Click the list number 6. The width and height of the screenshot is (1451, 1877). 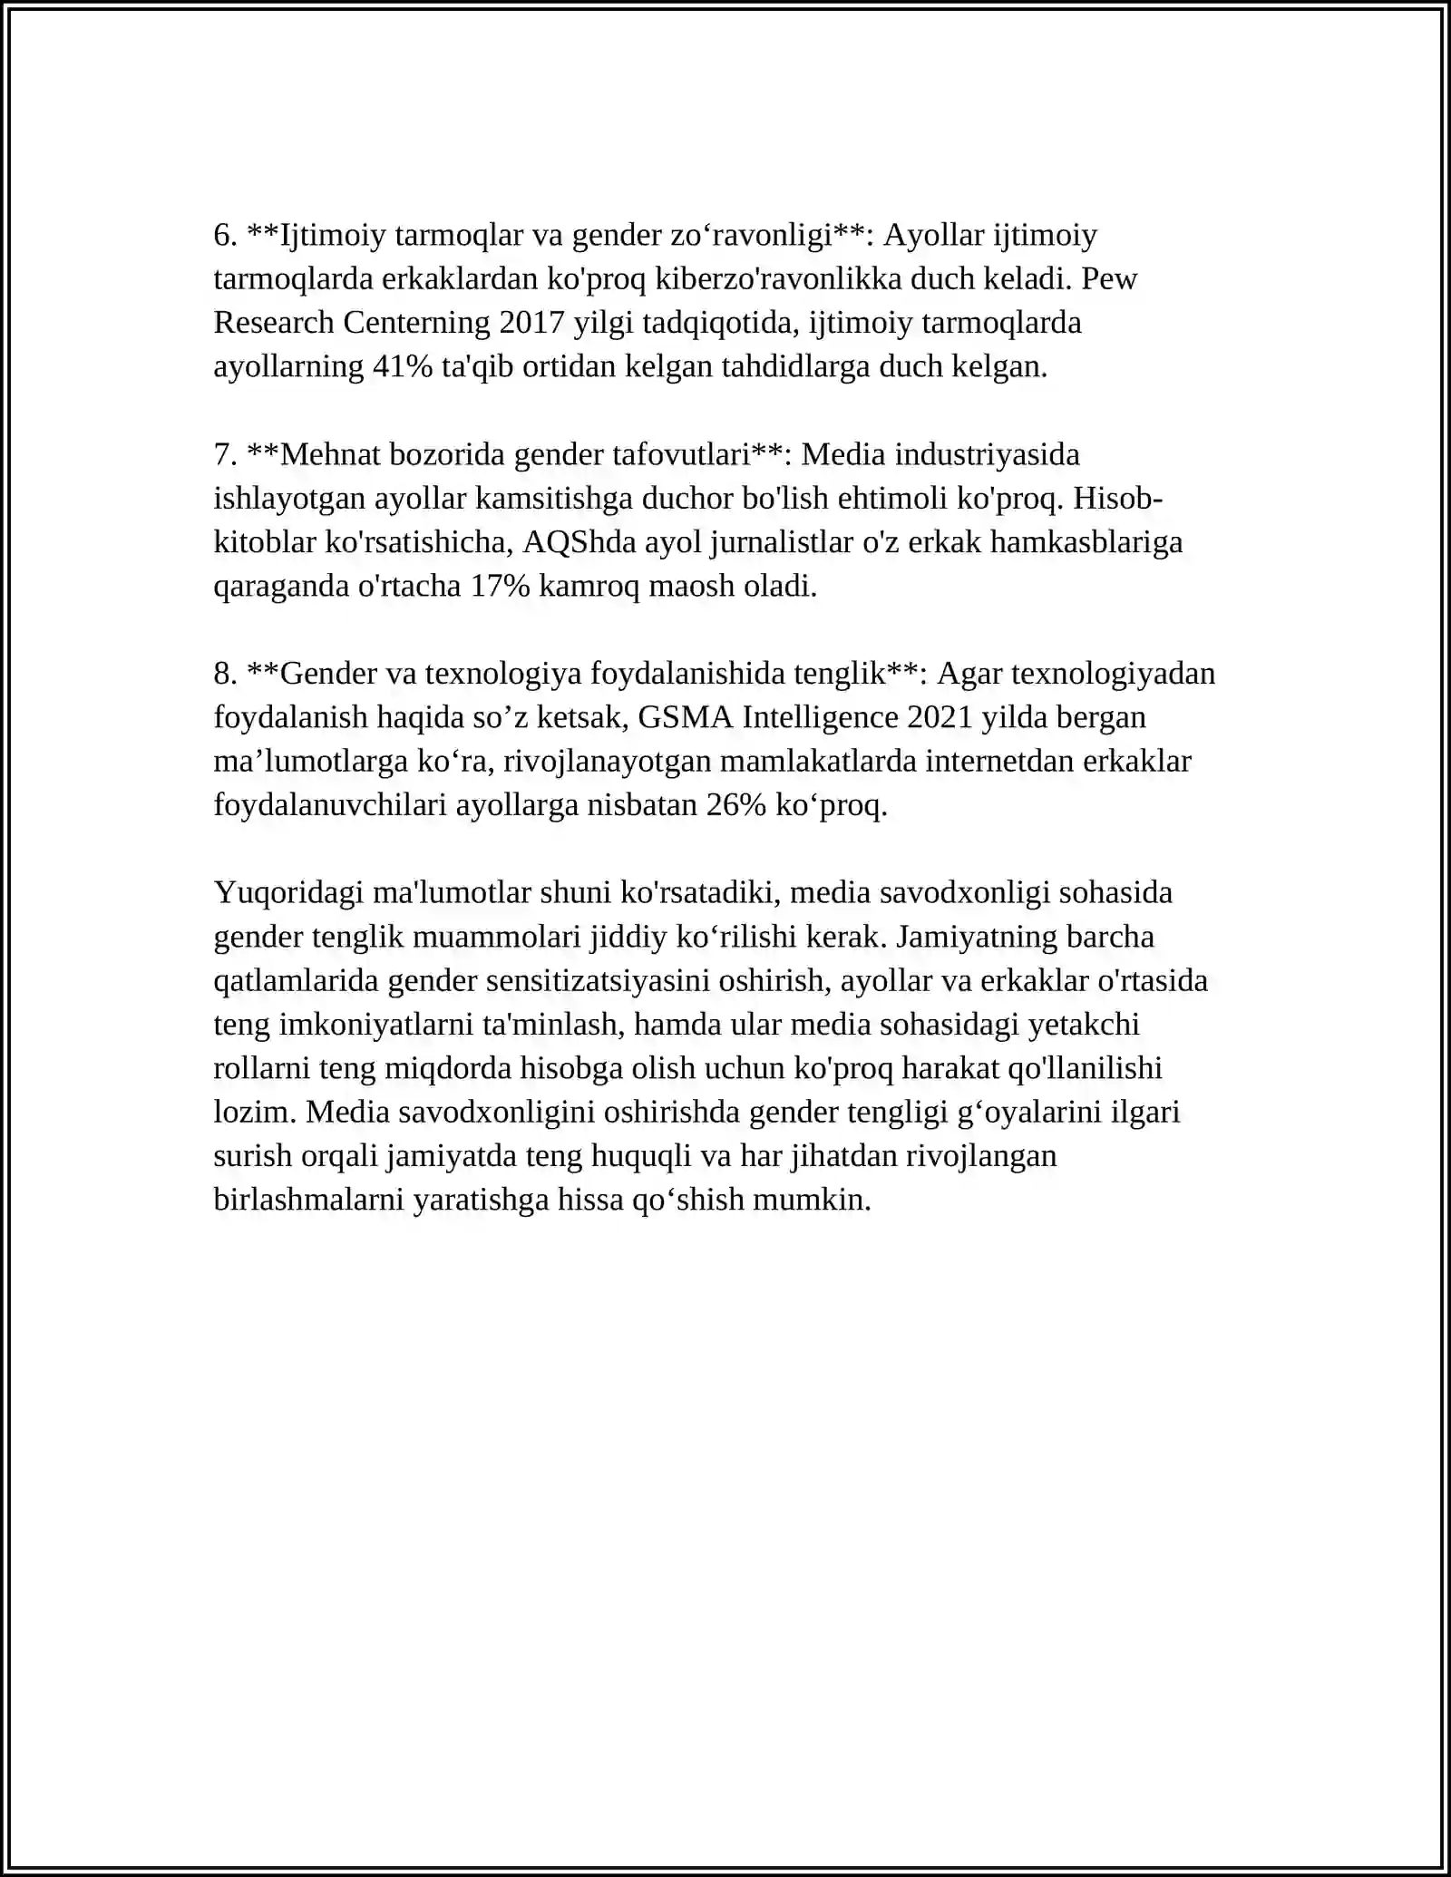coord(225,236)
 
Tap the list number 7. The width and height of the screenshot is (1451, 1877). coord(225,454)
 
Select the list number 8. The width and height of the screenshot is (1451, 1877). coord(225,674)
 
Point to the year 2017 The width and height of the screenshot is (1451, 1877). coord(531,323)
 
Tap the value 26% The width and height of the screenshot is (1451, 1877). coord(735,805)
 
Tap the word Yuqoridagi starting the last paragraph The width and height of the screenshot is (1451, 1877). coord(288,892)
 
